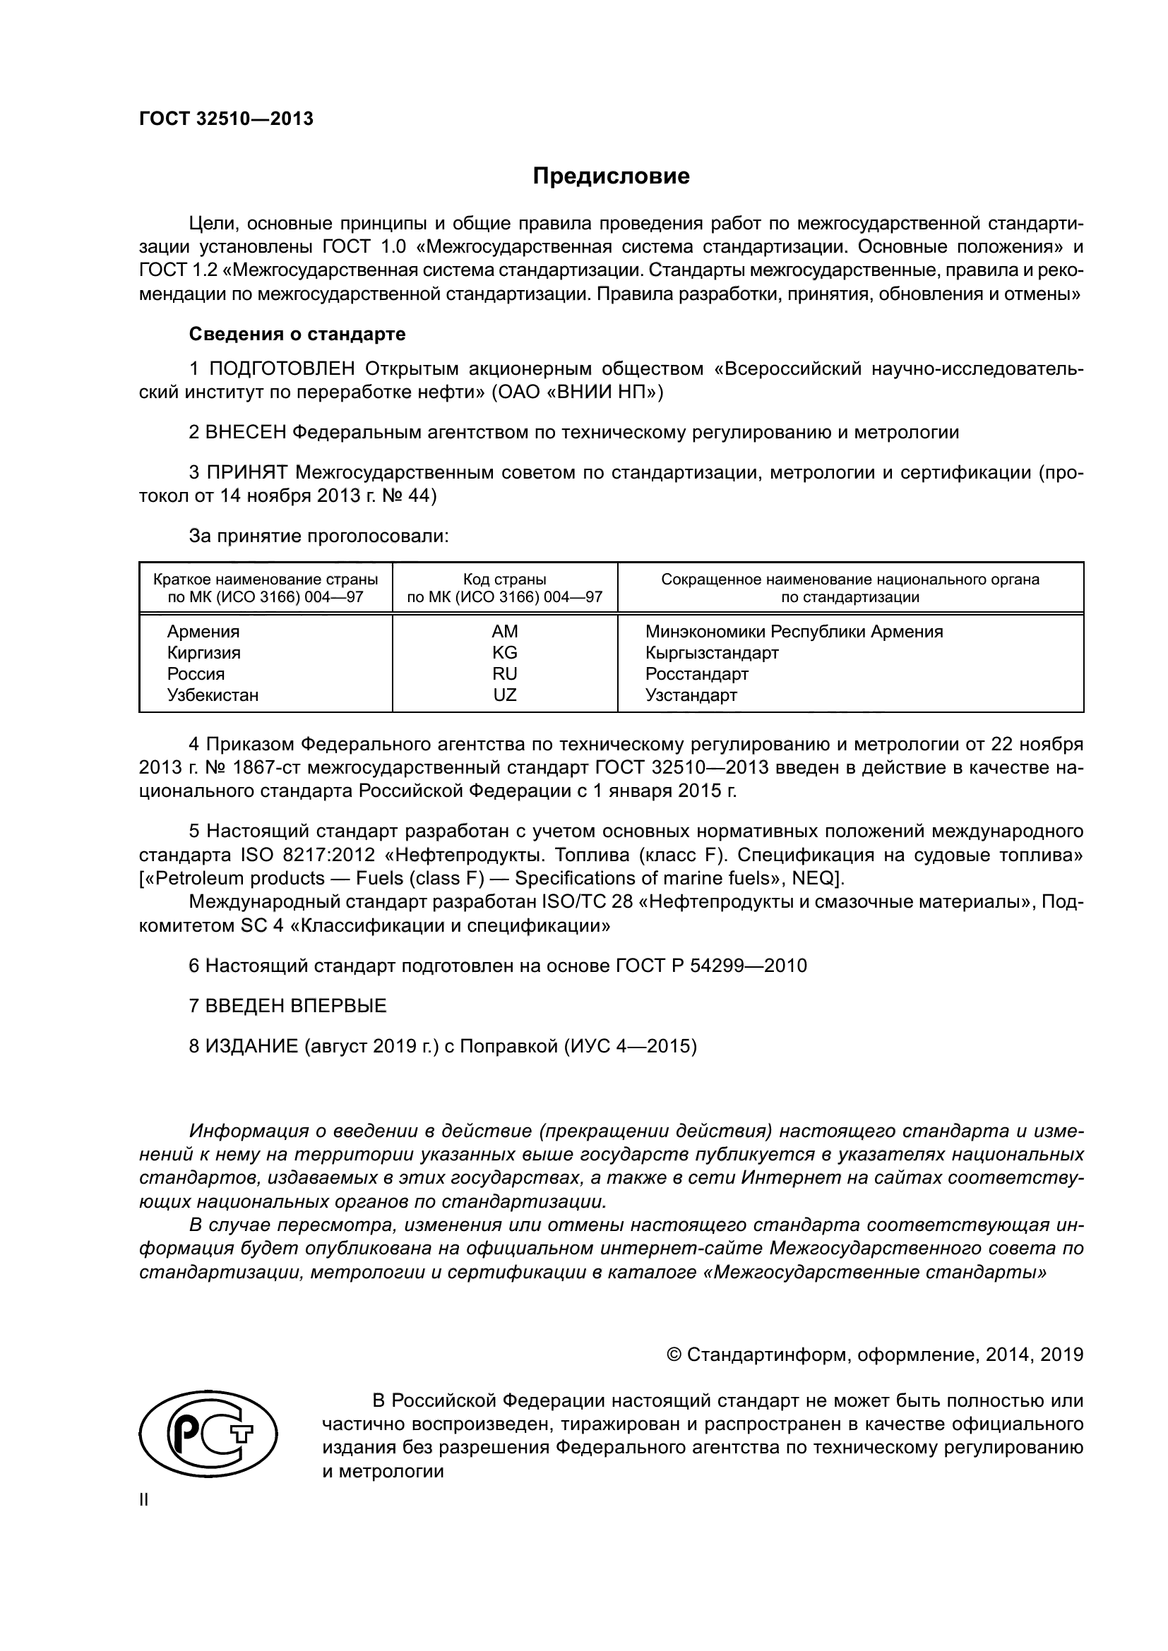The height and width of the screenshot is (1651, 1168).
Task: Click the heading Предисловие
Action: click(611, 176)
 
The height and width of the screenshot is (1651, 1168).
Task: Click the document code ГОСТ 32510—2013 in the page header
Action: click(226, 119)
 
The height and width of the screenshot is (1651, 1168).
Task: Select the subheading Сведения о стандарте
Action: click(297, 334)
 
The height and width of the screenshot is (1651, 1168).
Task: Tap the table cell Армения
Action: click(203, 631)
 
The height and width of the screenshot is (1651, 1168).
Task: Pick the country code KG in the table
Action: click(504, 652)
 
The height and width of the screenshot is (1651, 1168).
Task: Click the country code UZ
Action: click(504, 695)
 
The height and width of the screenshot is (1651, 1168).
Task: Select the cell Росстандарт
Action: click(696, 674)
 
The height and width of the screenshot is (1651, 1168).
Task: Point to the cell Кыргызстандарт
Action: click(711, 652)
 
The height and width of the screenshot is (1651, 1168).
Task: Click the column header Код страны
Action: click(504, 580)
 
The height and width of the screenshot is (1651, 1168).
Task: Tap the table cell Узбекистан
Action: click(213, 695)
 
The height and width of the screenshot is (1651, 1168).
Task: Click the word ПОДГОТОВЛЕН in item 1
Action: click(282, 369)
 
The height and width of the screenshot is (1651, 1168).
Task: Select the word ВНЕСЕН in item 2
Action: click(246, 432)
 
